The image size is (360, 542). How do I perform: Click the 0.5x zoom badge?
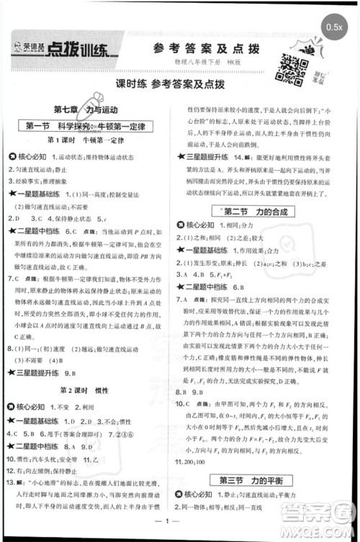[x=333, y=27]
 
